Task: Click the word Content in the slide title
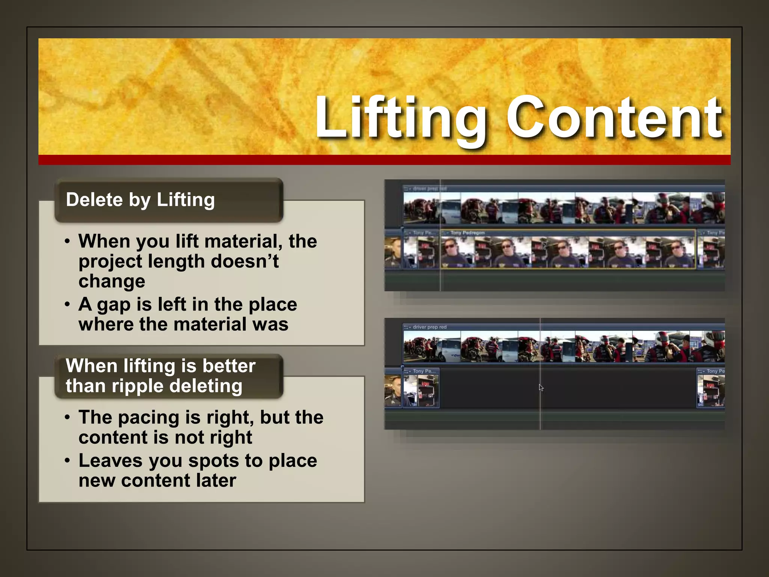(614, 117)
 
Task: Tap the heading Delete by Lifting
(140, 199)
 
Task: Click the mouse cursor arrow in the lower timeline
(541, 388)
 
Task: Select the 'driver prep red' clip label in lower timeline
(430, 327)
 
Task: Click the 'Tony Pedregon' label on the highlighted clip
(467, 233)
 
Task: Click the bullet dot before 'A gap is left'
(67, 304)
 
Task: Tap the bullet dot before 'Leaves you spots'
(67, 460)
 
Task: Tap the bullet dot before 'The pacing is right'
(67, 417)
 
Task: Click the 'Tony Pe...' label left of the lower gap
(424, 371)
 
